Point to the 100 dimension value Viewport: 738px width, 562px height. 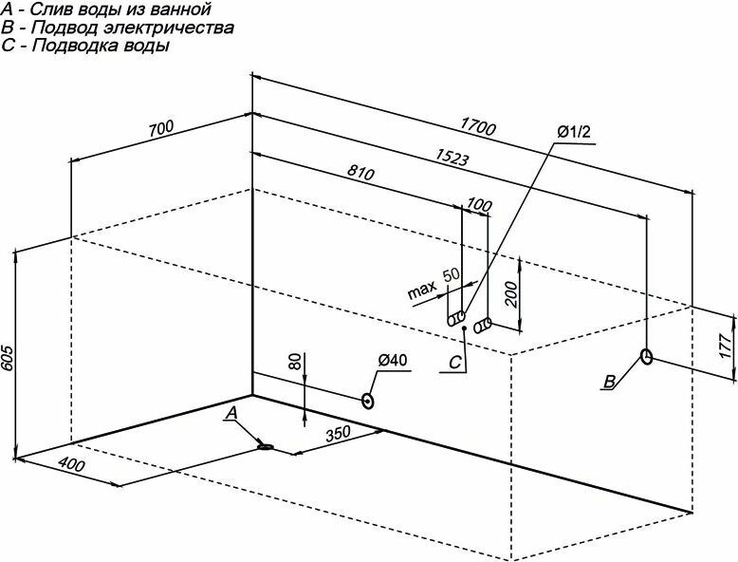pos(480,206)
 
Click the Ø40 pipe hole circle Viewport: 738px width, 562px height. pos(367,401)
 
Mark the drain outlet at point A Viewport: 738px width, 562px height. pos(268,445)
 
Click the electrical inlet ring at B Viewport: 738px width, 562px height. pos(646,357)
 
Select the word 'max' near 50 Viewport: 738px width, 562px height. pos(422,289)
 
